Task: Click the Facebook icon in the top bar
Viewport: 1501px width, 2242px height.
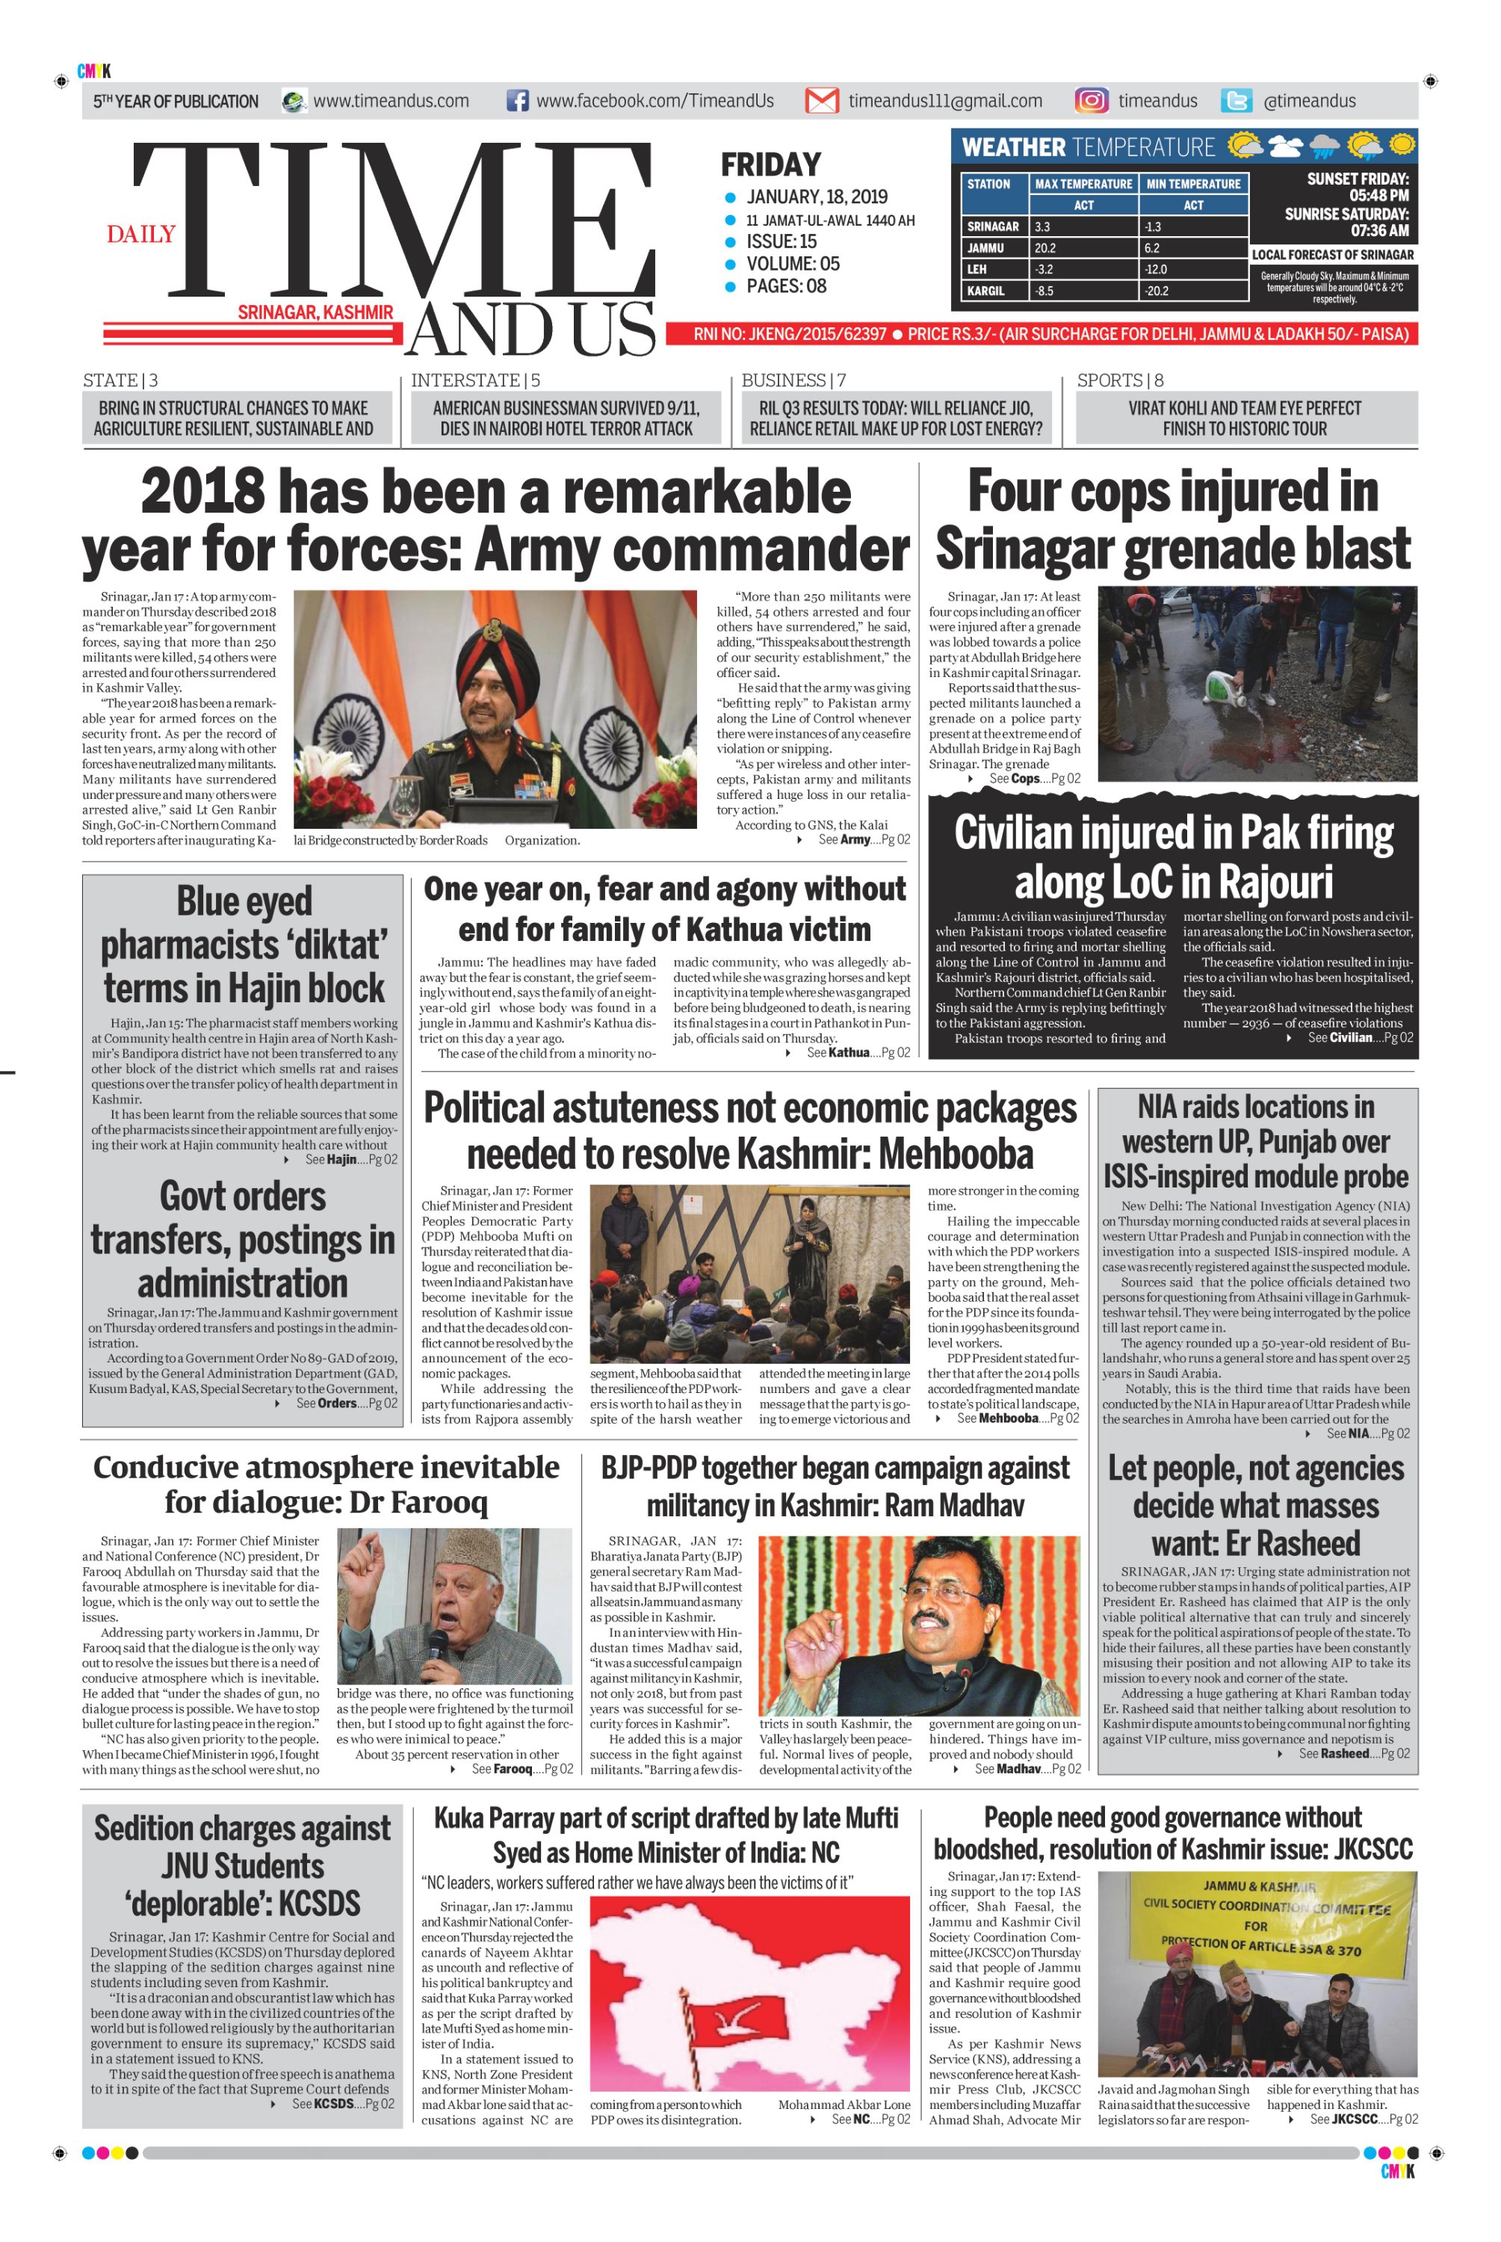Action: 517,101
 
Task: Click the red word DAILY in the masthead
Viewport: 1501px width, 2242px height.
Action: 140,234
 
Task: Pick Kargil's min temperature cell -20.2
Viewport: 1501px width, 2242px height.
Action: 1192,290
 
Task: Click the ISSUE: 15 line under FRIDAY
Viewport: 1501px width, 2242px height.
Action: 782,241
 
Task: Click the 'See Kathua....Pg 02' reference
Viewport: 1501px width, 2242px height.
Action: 858,1053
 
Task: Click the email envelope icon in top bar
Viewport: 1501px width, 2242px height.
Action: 821,101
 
